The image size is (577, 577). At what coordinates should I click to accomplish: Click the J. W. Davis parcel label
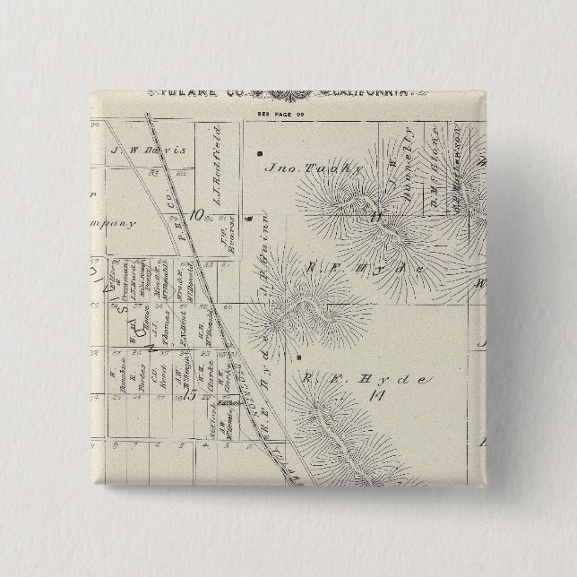click(147, 151)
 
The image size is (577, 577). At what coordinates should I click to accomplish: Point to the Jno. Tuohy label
click(300, 167)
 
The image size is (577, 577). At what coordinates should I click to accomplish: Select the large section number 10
click(198, 213)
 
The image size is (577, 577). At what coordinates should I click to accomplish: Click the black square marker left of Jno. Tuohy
click(259, 152)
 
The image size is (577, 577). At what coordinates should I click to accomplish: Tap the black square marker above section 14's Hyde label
click(297, 357)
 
